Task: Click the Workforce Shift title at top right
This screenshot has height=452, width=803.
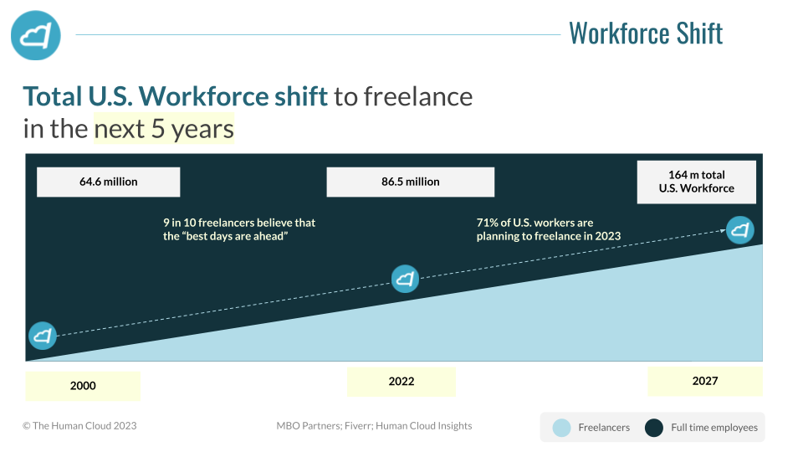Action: click(646, 33)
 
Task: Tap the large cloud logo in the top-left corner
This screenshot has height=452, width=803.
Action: click(36, 35)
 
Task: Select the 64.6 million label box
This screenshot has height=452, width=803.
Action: click(109, 182)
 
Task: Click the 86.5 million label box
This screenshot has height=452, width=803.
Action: click(411, 182)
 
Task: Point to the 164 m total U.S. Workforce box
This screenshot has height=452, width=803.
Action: click(697, 182)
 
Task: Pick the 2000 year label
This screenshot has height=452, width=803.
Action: click(83, 386)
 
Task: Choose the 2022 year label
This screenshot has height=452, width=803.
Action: click(401, 382)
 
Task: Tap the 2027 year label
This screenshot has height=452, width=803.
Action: click(705, 382)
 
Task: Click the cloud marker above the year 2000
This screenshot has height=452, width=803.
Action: click(43, 336)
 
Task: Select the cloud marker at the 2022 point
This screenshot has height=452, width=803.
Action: click(405, 279)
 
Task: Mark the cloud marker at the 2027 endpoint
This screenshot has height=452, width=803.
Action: click(740, 230)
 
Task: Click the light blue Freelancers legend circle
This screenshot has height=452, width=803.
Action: click(562, 428)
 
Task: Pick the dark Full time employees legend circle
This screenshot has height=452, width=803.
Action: click(654, 428)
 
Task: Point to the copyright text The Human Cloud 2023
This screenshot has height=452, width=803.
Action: click(80, 426)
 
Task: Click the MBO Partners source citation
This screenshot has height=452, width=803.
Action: click(375, 426)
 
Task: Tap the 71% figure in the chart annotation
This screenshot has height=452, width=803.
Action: click(487, 223)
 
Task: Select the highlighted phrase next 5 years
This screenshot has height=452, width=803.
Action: click(164, 129)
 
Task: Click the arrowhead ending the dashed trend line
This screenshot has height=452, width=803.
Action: click(723, 231)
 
